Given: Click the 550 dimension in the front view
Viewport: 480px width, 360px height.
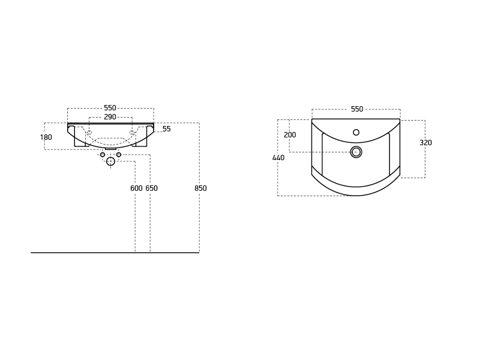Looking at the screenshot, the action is coord(110,108).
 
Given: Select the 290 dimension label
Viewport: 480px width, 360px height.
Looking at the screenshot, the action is coord(110,117).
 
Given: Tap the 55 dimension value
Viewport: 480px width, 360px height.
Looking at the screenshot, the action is coord(167,129).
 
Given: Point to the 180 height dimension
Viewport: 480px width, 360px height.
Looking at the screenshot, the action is coord(46,137).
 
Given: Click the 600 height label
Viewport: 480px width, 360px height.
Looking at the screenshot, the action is coord(137,188).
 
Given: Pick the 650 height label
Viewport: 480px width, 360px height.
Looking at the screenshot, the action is coord(152,188).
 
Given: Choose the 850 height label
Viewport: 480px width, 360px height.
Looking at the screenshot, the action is coord(200,188).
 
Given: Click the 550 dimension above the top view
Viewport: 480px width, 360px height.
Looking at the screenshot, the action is coord(357,109).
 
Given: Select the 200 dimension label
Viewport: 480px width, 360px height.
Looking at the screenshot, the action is coord(290,134).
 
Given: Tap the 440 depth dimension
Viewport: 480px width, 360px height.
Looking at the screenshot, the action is coord(278,158).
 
